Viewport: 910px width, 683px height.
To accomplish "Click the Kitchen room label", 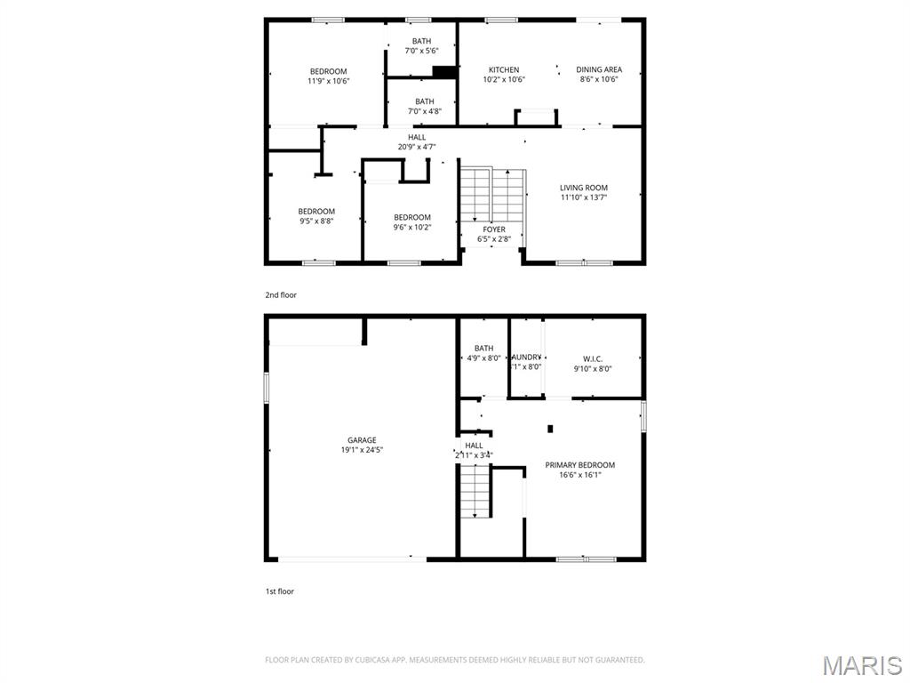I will coord(504,70).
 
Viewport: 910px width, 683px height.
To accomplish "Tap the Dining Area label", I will coord(598,69).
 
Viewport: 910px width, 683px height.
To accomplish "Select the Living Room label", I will coord(583,188).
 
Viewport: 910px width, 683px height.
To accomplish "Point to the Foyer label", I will coord(494,229).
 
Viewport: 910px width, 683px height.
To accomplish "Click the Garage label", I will coord(362,440).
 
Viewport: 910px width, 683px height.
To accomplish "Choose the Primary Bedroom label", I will coord(579,465).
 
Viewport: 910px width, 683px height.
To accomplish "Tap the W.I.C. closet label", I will coord(593,359).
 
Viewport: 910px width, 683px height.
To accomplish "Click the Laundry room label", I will coord(525,358).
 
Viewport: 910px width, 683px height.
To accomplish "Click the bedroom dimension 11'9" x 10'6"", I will coord(328,81).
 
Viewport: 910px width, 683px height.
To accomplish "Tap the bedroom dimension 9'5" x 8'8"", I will coord(315,221).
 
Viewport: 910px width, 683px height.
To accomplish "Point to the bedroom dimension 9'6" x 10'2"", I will coord(411,228).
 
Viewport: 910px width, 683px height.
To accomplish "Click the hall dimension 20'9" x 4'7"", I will coord(417,147).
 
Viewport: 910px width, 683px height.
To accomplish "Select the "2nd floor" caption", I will coord(281,294).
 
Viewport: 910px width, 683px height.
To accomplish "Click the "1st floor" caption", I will coord(279,591).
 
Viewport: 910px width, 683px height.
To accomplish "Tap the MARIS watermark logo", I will coord(861,665).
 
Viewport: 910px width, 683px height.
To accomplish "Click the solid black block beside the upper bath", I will coord(444,73).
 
